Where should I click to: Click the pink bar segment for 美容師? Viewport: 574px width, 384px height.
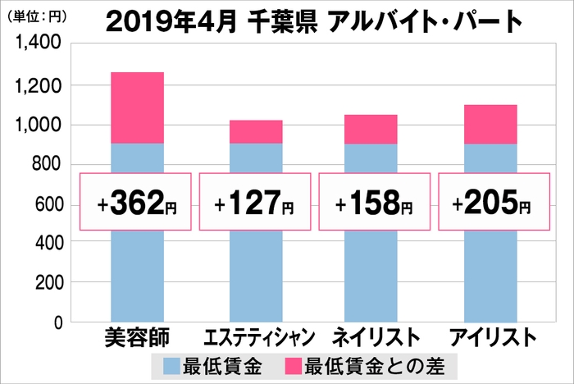[136, 107]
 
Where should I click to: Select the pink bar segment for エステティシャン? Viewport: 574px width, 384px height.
[255, 131]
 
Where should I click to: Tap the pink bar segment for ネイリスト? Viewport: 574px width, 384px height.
[371, 129]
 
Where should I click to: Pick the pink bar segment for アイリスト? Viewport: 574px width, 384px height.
[490, 124]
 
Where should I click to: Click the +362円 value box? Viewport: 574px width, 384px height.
[136, 202]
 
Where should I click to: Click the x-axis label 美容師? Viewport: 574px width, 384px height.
[136, 337]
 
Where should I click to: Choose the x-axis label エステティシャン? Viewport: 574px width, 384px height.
[257, 338]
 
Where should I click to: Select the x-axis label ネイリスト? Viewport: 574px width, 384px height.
[371, 337]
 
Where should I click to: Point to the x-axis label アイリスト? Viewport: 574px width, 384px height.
[491, 337]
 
